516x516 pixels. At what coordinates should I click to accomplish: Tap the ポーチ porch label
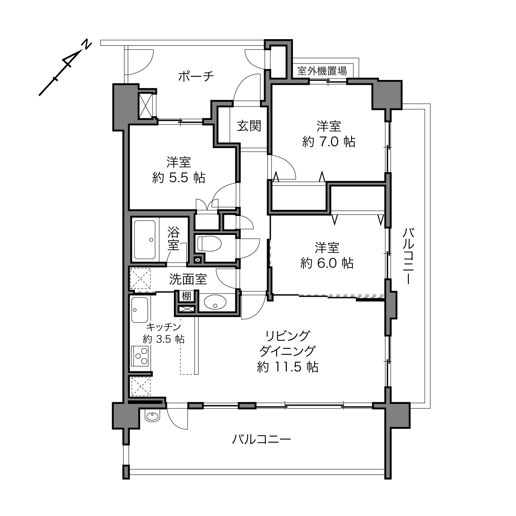click(196, 77)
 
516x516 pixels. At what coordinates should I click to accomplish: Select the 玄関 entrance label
click(249, 126)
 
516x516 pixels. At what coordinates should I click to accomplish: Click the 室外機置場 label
click(322, 71)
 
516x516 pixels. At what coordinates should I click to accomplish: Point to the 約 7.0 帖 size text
click(329, 142)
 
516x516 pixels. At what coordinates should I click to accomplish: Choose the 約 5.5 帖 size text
click(178, 178)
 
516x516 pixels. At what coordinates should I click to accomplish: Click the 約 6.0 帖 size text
click(327, 263)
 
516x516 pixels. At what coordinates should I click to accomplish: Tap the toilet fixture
click(209, 244)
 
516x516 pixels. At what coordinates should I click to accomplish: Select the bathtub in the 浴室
click(145, 240)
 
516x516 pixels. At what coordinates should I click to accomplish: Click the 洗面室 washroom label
click(188, 280)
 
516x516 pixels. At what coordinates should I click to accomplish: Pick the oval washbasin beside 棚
click(215, 303)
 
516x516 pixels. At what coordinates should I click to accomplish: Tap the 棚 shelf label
click(187, 296)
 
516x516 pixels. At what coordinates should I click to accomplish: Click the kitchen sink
click(140, 310)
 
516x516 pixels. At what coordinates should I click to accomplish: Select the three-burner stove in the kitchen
click(140, 356)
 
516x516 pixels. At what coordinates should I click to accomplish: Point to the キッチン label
click(164, 327)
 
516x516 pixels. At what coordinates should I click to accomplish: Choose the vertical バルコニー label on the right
click(408, 256)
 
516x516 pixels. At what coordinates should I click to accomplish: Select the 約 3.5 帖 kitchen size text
click(164, 339)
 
